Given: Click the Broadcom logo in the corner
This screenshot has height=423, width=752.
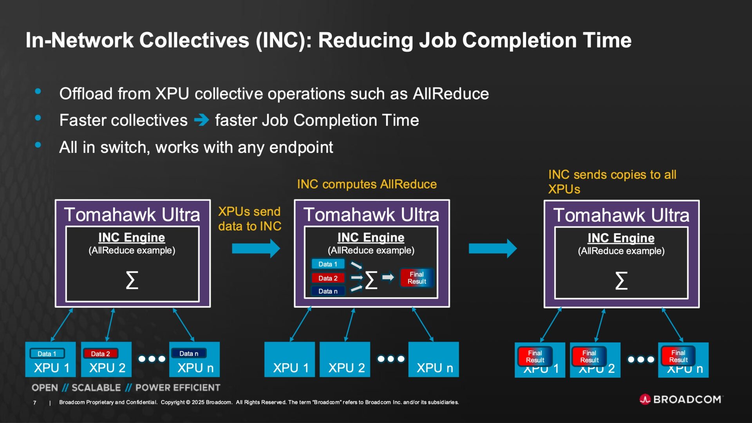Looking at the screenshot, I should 681,399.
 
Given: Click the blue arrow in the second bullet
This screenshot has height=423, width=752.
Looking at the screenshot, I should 201,120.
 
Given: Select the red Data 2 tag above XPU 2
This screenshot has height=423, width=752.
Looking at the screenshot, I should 100,354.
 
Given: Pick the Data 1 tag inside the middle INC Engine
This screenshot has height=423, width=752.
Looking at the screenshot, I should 328,264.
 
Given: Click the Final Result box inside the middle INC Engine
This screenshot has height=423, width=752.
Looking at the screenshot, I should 416,278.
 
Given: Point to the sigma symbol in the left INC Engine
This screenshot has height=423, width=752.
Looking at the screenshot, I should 132,280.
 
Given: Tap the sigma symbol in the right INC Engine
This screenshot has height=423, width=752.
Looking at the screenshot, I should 621,280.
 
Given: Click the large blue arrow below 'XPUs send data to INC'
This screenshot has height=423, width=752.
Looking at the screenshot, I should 256,248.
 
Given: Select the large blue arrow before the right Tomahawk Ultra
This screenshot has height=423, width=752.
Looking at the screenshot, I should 493,248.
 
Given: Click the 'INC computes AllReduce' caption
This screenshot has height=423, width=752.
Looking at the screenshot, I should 367,184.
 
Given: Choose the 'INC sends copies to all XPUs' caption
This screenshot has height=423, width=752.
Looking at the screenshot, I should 612,182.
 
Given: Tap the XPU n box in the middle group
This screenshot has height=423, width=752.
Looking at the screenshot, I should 434,360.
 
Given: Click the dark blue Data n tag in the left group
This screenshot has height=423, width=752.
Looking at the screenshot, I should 188,354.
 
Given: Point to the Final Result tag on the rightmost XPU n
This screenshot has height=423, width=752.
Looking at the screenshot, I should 678,356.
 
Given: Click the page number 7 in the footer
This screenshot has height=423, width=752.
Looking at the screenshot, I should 35,403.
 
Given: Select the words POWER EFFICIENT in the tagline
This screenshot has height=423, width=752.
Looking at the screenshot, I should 178,388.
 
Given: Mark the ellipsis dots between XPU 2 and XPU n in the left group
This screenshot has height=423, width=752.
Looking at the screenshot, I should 152,359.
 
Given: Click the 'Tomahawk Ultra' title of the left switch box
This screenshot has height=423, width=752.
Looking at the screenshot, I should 132,215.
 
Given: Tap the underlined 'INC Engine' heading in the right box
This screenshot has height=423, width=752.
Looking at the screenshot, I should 621,238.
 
